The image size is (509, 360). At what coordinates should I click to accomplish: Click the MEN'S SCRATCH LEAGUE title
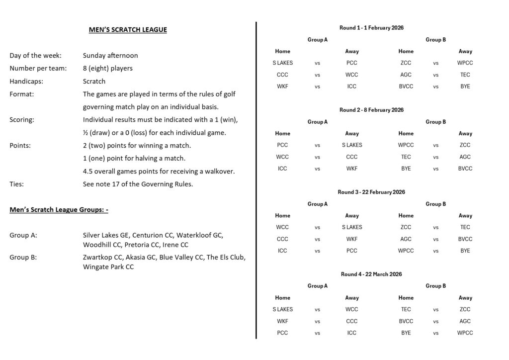click(128, 30)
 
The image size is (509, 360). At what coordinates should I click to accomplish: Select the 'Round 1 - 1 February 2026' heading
click(371, 28)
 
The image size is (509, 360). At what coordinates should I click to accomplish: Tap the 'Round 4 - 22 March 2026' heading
click(371, 274)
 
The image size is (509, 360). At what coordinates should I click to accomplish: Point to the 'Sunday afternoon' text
click(110, 56)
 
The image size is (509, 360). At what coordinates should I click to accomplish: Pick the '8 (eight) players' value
click(108, 68)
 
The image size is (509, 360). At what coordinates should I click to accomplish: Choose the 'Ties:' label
click(17, 184)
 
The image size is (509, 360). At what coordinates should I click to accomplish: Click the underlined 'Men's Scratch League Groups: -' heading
click(59, 209)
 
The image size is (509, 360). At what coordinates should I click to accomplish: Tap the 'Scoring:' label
click(22, 120)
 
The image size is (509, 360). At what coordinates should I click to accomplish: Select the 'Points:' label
click(20, 146)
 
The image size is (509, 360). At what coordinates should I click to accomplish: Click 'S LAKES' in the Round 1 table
click(283, 63)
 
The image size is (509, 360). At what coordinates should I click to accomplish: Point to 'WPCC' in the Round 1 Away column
click(465, 63)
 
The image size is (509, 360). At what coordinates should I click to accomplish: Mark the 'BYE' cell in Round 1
click(465, 87)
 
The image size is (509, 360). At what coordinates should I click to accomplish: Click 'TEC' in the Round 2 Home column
click(406, 157)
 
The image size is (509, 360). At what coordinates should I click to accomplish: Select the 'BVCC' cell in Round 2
click(465, 169)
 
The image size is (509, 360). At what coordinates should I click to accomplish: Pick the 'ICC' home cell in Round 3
click(283, 251)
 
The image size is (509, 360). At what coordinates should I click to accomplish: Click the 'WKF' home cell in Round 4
click(283, 321)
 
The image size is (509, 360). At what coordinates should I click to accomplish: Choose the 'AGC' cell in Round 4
click(465, 321)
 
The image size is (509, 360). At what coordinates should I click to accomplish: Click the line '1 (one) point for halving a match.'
click(134, 158)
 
